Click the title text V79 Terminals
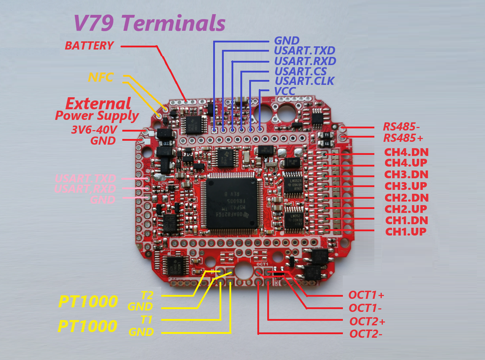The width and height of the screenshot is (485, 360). [x=150, y=23]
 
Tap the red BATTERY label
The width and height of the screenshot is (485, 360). [x=89, y=46]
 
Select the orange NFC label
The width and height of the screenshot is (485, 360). [x=101, y=77]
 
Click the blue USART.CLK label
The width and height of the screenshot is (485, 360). [x=304, y=81]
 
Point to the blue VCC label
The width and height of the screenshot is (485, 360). [x=285, y=91]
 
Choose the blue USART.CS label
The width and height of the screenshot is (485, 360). [x=300, y=71]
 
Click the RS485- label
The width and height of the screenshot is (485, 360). [x=401, y=127]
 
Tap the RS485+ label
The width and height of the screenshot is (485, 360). [x=403, y=138]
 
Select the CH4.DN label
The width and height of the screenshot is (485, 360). [x=406, y=152]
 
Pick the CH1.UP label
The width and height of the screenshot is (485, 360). [x=405, y=232]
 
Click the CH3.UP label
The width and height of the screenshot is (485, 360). [x=405, y=186]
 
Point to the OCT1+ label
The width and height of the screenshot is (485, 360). [x=366, y=295]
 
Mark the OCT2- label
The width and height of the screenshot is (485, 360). [x=366, y=334]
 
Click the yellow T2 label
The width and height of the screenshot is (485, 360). [x=147, y=295]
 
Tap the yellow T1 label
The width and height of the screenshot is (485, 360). [x=146, y=320]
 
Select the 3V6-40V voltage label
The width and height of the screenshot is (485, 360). [x=94, y=130]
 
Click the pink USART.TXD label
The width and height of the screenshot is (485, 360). [x=85, y=178]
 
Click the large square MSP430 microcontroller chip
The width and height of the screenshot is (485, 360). [x=232, y=204]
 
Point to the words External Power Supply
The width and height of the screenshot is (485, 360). [x=97, y=109]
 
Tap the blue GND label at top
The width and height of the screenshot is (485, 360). [x=287, y=41]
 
